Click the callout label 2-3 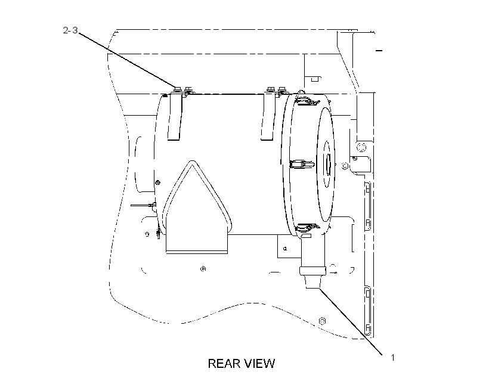(70, 30)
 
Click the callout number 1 (392, 358)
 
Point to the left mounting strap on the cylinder (175, 117)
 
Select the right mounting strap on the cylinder (268, 117)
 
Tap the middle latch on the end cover (301, 164)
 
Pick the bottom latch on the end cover (307, 228)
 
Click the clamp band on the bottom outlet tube (312, 271)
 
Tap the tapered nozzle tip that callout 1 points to (313, 282)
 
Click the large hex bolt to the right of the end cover (362, 146)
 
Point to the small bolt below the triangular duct (203, 268)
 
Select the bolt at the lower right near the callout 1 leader (323, 321)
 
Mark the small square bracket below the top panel (314, 79)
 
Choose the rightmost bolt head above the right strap (282, 89)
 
